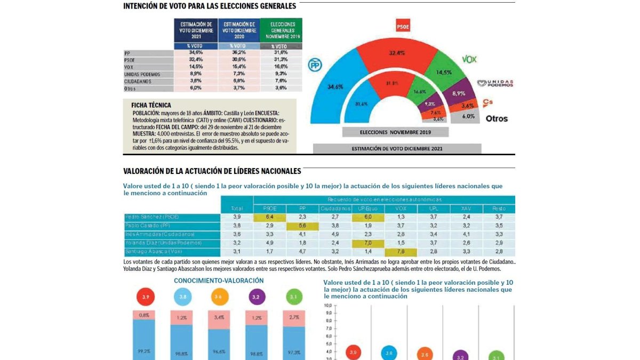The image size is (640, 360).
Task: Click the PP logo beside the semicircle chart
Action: [x=315, y=65]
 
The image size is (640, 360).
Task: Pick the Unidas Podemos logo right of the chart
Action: [x=495, y=83]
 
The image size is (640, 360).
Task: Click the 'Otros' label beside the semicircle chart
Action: [x=497, y=118]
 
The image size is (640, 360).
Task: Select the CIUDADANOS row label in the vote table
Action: [x=138, y=82]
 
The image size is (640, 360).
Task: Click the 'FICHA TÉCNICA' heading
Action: [x=151, y=106]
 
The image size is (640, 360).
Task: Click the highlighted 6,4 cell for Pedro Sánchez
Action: [x=270, y=217]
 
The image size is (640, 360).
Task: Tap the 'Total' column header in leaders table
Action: [x=237, y=208]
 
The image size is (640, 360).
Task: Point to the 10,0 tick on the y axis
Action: [x=328, y=306]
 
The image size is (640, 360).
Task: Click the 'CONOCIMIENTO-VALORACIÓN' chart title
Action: [x=219, y=281]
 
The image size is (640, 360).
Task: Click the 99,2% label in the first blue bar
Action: [x=144, y=351]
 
